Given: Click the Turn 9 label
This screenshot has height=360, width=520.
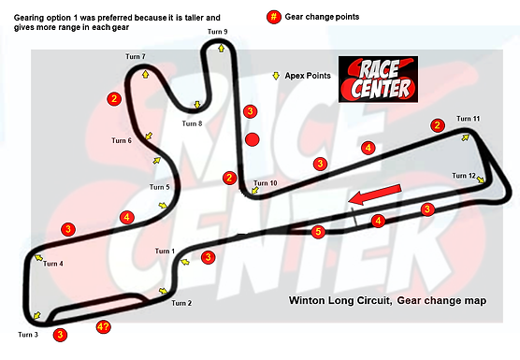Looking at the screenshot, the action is click(217, 32).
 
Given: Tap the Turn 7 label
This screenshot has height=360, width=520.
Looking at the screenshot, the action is click(136, 57).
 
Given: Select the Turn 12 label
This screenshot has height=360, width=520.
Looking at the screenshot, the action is click(464, 176).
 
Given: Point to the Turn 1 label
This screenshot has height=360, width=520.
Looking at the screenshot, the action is click(166, 252).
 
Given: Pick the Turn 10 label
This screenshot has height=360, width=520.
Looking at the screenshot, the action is click(266, 183).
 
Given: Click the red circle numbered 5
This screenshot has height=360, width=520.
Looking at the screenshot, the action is click(318, 231).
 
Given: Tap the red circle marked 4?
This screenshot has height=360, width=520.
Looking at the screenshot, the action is click(104, 327).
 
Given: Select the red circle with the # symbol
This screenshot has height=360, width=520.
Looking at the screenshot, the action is click(273, 17).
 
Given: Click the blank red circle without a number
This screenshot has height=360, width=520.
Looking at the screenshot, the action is click(251, 140).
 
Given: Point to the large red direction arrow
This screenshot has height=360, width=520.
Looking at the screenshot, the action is click(372, 195).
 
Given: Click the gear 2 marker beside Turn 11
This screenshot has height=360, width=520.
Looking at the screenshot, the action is click(437, 125).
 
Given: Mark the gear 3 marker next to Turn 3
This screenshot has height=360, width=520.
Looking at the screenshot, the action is click(60, 334).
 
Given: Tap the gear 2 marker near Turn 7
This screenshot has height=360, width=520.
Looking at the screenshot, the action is click(113, 97).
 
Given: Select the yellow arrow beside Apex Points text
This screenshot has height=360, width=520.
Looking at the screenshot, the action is click(276, 76).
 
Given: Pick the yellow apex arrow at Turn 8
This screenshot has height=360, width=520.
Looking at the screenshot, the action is click(196, 105).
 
